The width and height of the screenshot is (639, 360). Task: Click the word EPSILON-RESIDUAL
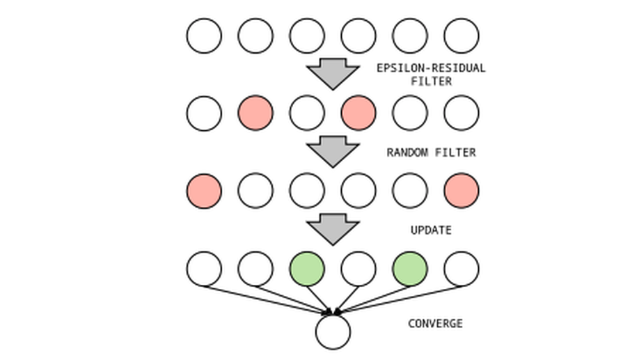[431, 68]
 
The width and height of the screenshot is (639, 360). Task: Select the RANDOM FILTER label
[431, 152]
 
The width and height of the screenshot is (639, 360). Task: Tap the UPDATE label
[431, 230]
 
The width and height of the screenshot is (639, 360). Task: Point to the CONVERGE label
[435, 323]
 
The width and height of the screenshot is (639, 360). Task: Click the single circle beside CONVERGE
[333, 331]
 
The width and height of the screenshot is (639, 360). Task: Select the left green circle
[307, 269]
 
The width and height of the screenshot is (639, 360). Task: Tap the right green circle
[410, 269]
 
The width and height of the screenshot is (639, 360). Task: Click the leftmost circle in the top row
[204, 36]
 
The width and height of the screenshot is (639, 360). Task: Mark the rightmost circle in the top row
[461, 36]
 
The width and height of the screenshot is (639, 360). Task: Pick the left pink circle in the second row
[255, 113]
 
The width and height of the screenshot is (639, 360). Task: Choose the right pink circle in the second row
[358, 113]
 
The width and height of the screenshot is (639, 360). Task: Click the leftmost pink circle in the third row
[204, 191]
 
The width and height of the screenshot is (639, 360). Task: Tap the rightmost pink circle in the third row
[461, 191]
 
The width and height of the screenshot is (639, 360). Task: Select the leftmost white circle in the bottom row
[204, 269]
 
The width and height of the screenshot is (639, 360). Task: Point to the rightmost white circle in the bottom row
[461, 269]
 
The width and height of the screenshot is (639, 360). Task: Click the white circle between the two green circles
[358, 269]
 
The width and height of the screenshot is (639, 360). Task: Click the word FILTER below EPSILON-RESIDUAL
[431, 81]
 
